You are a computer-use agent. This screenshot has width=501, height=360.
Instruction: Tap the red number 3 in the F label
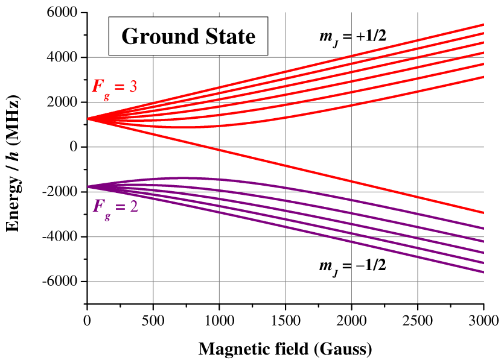[133, 86]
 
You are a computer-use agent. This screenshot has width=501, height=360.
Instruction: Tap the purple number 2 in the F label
[133, 206]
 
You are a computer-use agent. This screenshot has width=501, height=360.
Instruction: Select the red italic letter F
[97, 86]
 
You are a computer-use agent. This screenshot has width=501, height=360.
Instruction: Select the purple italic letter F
[98, 206]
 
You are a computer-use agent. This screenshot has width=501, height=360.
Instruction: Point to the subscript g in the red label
[106, 94]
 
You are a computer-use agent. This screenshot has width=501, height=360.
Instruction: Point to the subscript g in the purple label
[107, 215]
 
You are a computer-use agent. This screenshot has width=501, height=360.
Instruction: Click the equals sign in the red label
[119, 87]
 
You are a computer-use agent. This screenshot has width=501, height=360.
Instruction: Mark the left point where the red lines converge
[89, 119]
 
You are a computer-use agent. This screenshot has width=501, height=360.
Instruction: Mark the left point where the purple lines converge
[89, 186]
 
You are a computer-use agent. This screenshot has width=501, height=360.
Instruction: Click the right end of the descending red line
[483, 212]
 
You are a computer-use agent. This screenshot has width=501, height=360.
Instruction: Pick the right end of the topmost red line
[483, 25]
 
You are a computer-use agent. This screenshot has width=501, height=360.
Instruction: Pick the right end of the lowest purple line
[483, 272]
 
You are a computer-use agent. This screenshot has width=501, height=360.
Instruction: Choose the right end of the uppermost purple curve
[483, 228]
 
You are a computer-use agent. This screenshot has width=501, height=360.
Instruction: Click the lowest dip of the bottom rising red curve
[181, 127]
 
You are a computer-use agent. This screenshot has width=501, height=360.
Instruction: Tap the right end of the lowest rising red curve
[483, 77]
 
